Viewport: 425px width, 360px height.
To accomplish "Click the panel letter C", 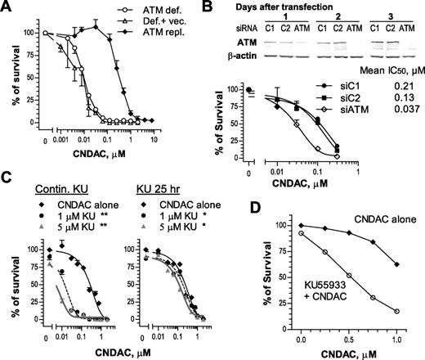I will [x=7, y=177].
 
